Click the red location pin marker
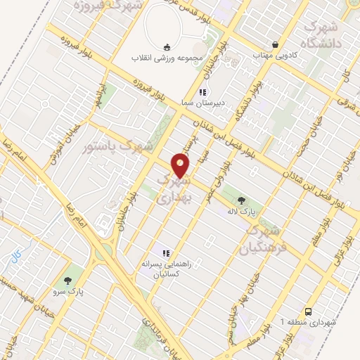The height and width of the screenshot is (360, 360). pos(181,166)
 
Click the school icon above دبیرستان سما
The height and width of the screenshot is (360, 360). pos(202,92)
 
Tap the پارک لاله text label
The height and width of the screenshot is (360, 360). pos(242,211)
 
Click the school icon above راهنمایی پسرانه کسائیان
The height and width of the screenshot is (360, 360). pos(167,253)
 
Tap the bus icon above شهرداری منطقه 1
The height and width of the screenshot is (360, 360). pos(309,311)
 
